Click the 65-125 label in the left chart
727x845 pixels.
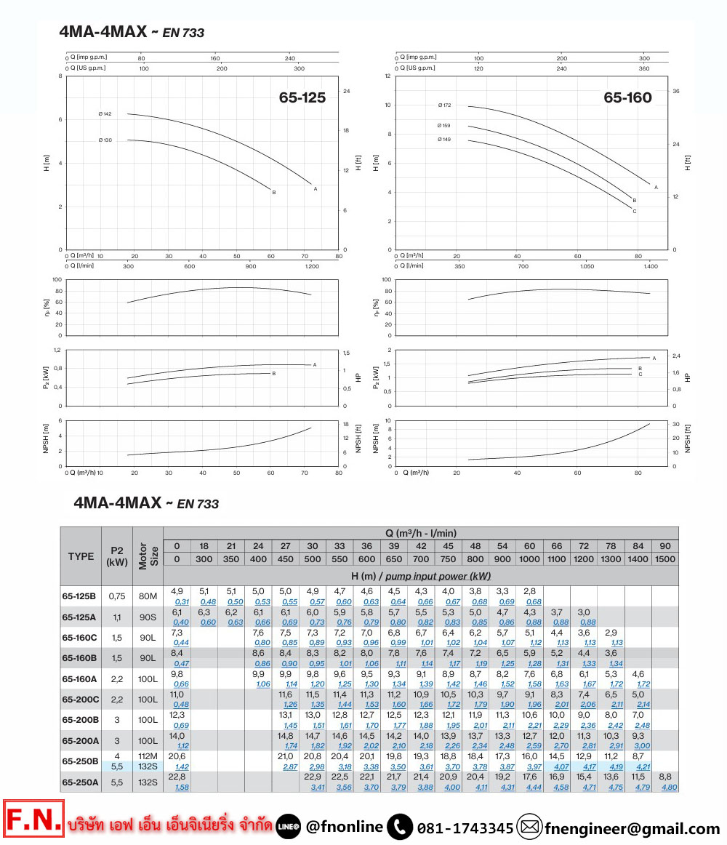(302, 98)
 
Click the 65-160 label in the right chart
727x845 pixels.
(627, 98)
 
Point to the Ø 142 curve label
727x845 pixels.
(105, 114)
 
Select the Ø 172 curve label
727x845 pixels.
(444, 105)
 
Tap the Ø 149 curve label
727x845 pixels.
(444, 139)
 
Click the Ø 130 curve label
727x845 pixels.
(105, 140)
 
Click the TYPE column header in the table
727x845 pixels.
(81, 556)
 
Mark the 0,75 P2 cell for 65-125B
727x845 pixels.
(117, 596)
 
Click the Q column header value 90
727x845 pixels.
(664, 546)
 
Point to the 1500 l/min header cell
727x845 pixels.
(664, 559)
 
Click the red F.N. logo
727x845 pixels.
(33, 820)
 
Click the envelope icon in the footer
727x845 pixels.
(530, 827)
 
